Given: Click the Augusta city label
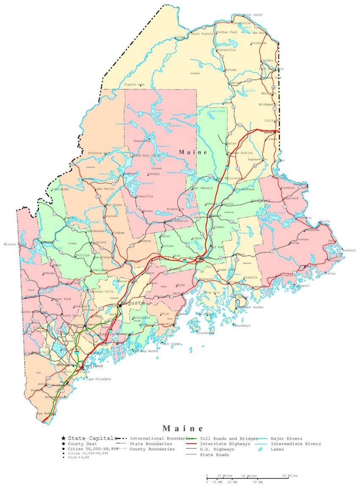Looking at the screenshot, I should [x=133, y=303].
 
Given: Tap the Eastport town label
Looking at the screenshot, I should [x=349, y=250].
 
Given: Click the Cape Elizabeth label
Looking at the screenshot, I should [x=99, y=379].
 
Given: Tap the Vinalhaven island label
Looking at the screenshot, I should [x=205, y=333].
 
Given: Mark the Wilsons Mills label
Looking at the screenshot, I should [x=15, y=245].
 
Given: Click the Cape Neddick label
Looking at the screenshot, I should [x=45, y=413].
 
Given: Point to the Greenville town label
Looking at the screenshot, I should [x=144, y=196].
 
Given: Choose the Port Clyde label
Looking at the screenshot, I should [x=171, y=344].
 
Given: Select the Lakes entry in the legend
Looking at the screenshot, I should [x=277, y=449].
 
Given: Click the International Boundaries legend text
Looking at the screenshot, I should [x=161, y=438].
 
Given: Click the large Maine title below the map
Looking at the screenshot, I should [x=183, y=429].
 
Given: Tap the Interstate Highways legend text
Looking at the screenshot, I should [x=224, y=444].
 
